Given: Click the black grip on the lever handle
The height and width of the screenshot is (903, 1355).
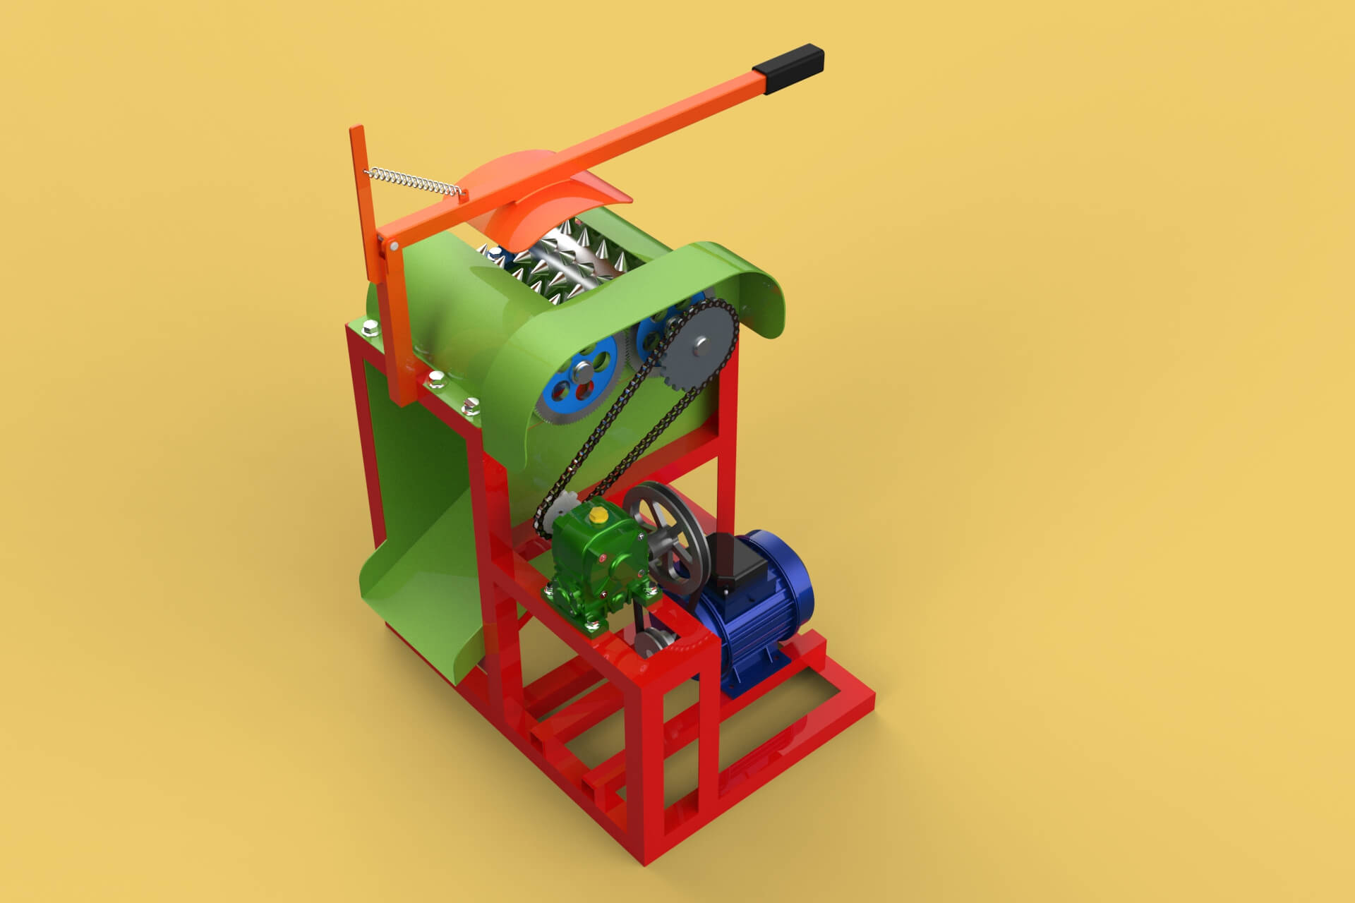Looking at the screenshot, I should click(x=789, y=68).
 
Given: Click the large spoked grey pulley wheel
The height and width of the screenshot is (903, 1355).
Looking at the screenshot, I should click(x=666, y=536).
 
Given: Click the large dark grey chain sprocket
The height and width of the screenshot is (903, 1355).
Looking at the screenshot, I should click(x=699, y=346).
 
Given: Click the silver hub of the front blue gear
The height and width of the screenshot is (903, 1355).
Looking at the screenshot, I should click(x=585, y=369).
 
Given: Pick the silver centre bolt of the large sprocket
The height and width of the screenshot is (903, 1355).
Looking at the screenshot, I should click(x=699, y=346).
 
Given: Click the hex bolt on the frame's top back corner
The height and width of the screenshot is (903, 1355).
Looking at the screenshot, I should click(x=370, y=327).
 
